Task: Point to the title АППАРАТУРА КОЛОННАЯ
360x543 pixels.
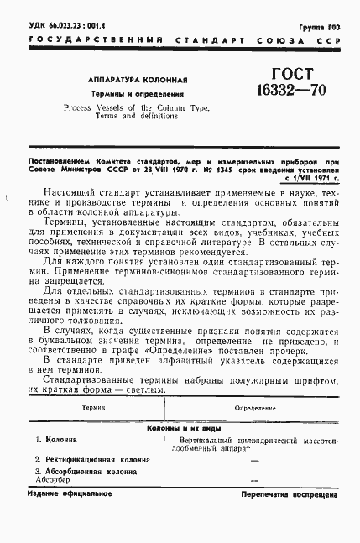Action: point(136,80)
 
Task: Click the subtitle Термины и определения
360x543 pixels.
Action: point(136,95)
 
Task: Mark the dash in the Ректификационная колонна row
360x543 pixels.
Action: point(254,460)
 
